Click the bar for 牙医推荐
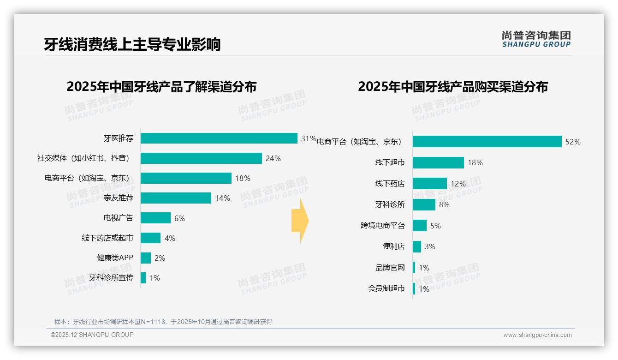pos(219,138)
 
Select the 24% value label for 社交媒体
pos(273,158)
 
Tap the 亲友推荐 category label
pos(118,198)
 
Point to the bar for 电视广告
pos(155,218)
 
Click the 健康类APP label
pos(115,258)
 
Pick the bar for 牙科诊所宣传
pos(143,278)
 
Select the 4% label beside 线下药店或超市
pos(170,238)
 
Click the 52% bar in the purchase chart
pos(487,142)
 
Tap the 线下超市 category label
pos(390,162)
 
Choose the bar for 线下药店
pos(430,184)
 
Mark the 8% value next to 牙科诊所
pos(444,204)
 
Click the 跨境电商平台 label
pos(382,226)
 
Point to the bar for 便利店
pos(417,246)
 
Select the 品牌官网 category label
pos(390,268)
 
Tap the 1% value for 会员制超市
pos(424,289)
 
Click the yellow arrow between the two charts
pos(300,221)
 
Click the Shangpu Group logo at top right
pos(536,39)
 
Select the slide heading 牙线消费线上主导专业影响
pos(132,44)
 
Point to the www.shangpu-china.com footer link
pos(537,335)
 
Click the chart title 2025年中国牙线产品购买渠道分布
pos(452,87)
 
